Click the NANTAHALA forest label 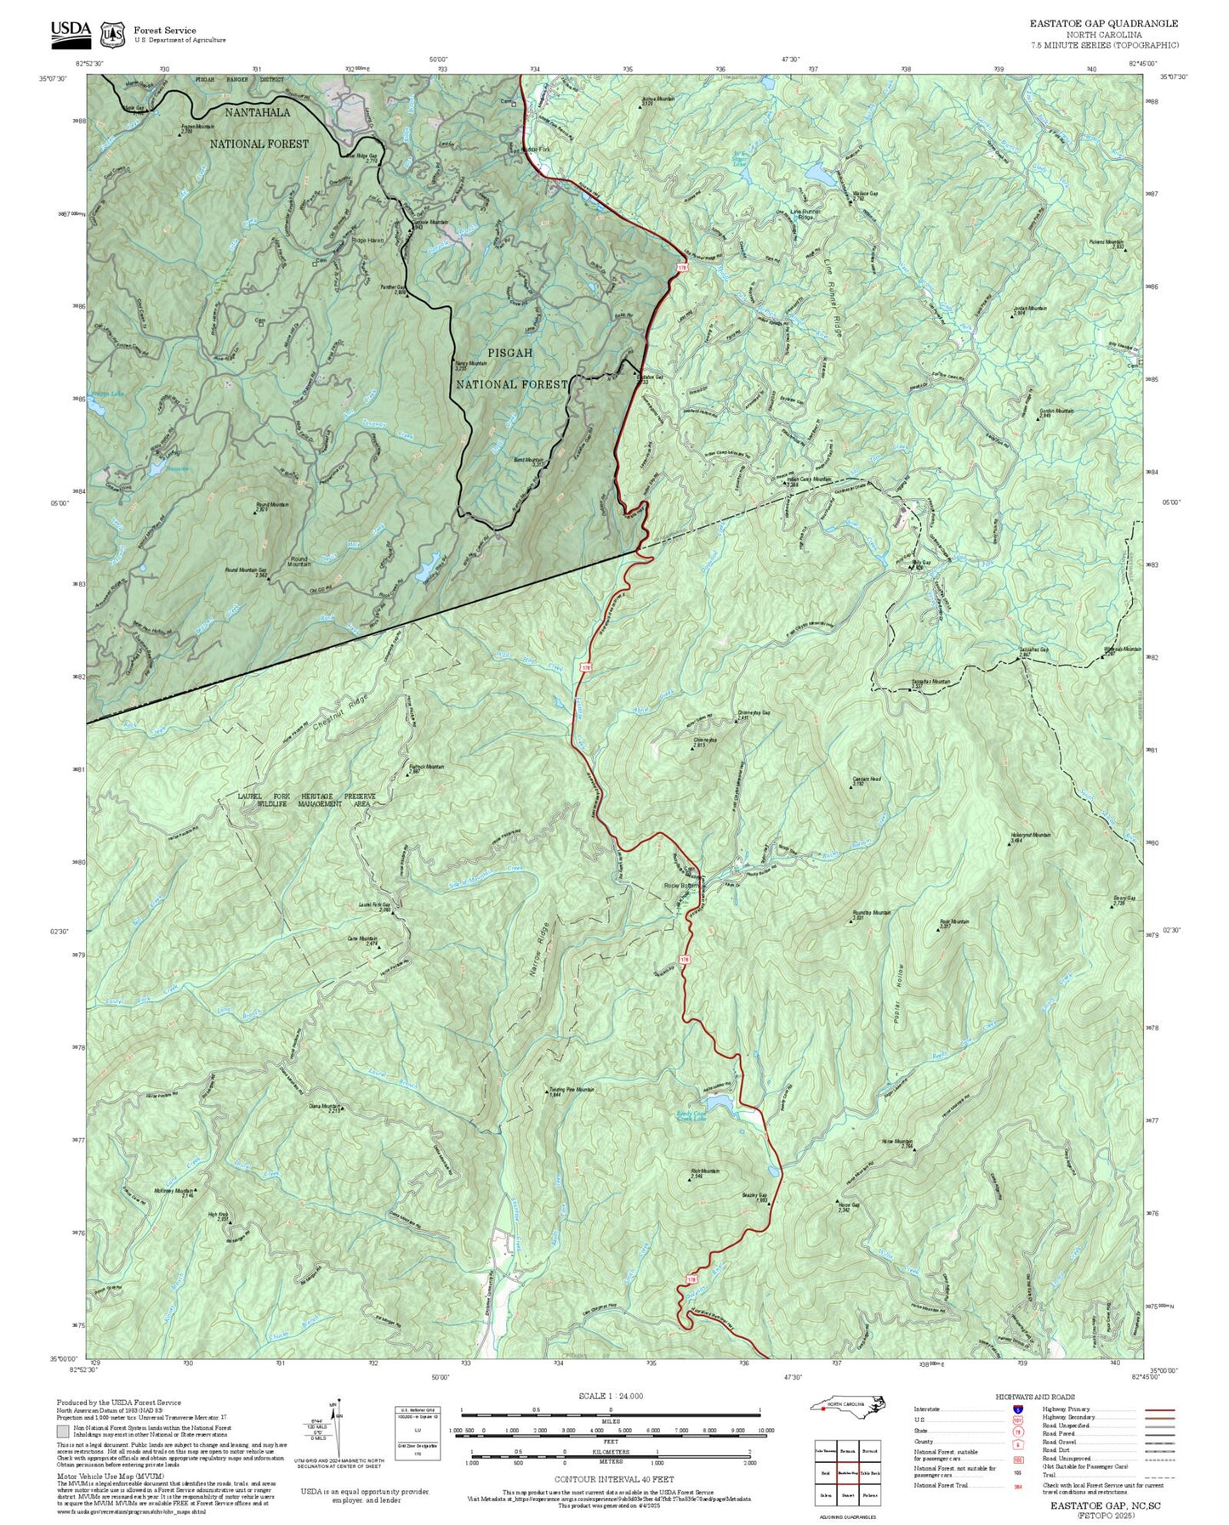[x=257, y=112]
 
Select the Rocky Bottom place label [x=680, y=886]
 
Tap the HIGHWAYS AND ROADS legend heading [x=1035, y=1397]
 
